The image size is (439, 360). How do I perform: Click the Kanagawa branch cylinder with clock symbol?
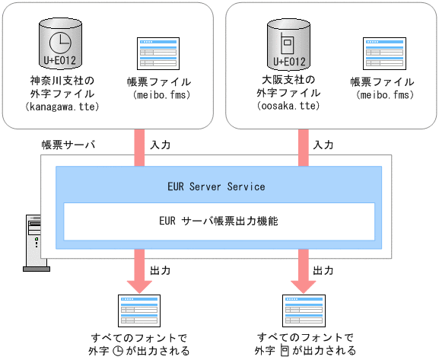[x=59, y=44]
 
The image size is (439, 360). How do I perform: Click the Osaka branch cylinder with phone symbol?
[x=289, y=44]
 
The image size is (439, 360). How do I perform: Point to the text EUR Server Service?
[x=216, y=186]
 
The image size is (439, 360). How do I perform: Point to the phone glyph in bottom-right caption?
[x=285, y=351]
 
